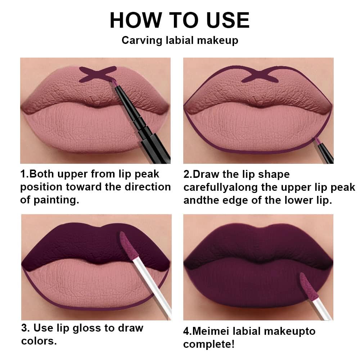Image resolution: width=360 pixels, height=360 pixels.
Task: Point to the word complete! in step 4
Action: [209, 344]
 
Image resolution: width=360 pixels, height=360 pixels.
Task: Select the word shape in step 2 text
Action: [274, 174]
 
